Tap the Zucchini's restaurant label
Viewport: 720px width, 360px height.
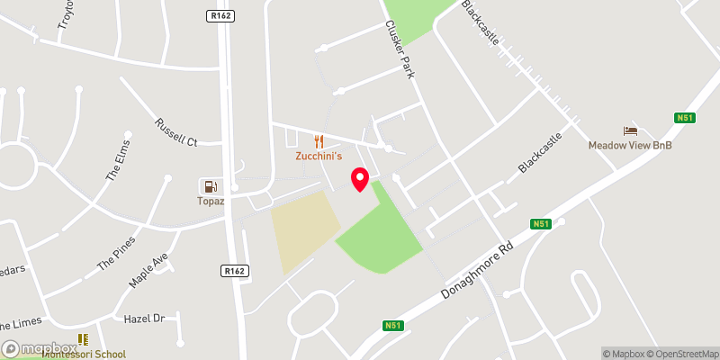[x=319, y=156]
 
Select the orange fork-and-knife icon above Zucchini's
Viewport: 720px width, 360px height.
[x=319, y=140]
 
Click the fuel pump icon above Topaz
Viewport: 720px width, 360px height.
[x=211, y=186]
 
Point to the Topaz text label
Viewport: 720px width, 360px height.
[x=211, y=201]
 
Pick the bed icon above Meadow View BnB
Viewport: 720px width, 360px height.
[x=630, y=130]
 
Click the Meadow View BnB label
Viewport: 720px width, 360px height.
[x=630, y=145]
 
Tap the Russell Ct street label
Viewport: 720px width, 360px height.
[x=175, y=131]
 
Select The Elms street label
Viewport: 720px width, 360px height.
[x=118, y=161]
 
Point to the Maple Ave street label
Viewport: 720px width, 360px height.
[x=148, y=270]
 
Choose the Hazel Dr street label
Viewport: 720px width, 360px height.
[x=145, y=319]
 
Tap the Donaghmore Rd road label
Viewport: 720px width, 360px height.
[x=476, y=269]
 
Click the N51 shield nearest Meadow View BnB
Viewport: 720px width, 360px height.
[x=683, y=117]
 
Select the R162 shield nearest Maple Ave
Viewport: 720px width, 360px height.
[x=233, y=269]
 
